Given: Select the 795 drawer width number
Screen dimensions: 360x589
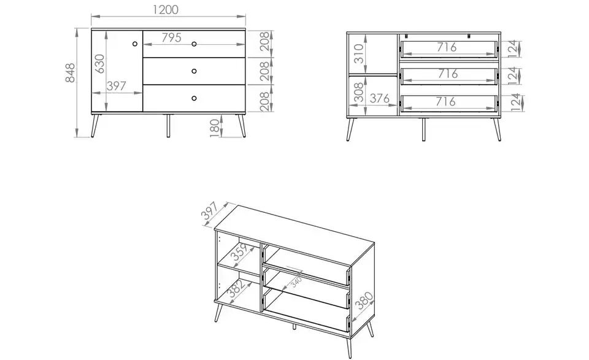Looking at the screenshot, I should tap(171, 37).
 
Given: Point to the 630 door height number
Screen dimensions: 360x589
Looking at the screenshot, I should tap(100, 64).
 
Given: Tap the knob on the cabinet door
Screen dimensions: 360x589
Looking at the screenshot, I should tap(134, 44).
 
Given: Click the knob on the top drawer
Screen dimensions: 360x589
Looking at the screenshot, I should tap(194, 44).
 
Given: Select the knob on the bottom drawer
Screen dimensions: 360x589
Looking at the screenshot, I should tap(194, 98).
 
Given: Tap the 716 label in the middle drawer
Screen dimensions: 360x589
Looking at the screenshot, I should tap(447, 74).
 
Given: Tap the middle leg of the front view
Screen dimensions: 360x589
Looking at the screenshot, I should tap(167, 125).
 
